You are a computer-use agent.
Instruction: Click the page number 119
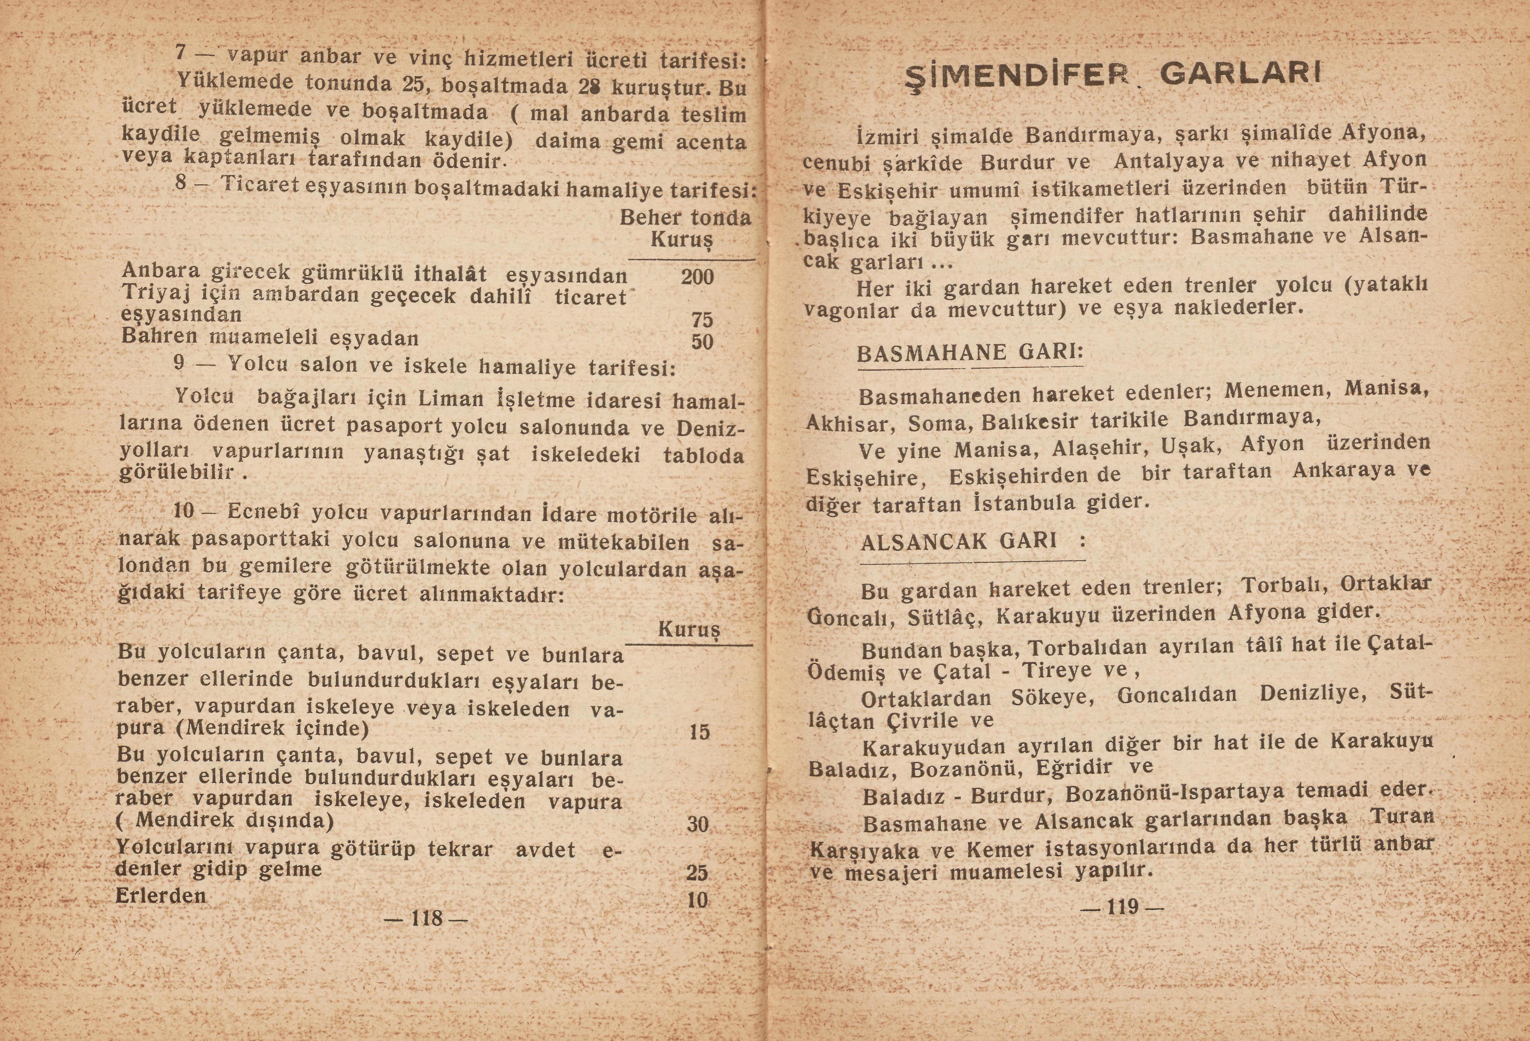pos(1123,907)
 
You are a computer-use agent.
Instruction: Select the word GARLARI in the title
pos(1241,74)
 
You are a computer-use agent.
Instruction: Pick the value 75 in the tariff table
pos(702,320)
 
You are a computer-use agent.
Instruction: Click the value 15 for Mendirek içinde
pos(699,732)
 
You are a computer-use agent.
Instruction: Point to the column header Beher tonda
pos(685,218)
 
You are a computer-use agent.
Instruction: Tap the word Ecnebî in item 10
pos(264,512)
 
